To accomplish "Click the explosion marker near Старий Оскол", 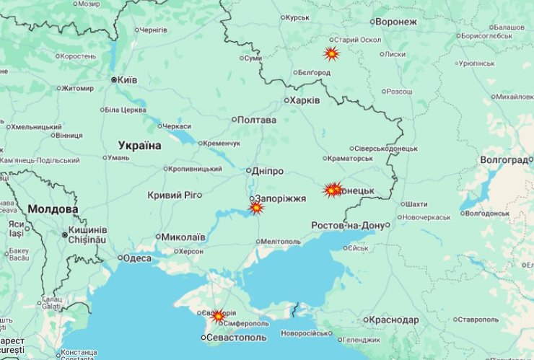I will (331, 53).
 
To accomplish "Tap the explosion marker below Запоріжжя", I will (256, 208).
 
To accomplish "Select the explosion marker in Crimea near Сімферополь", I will (218, 316).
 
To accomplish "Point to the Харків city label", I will (304, 100).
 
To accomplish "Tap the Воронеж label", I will (396, 22).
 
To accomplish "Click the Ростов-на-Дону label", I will (348, 225).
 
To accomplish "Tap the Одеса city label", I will (137, 258).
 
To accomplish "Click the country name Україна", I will (140, 146).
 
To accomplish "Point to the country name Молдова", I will (53, 209).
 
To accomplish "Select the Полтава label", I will (256, 120).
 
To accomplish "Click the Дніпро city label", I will (267, 171).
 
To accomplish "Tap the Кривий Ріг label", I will (171, 195).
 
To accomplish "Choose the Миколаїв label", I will (183, 237).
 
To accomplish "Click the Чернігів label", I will (153, 30).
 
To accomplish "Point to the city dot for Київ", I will (114, 79).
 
